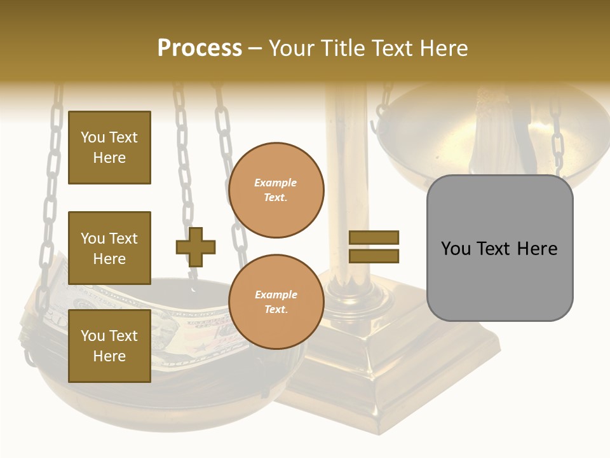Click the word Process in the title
[200, 48]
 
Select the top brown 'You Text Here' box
[109, 148]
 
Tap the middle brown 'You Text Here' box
[109, 248]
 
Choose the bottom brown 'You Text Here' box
[109, 346]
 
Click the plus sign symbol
[196, 246]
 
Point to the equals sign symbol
[374, 247]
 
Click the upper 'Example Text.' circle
[276, 190]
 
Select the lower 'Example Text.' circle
[276, 302]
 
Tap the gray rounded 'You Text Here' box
[499, 248]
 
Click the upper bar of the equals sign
[374, 237]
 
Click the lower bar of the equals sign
[374, 256]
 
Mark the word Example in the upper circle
[276, 183]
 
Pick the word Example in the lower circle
[276, 295]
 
